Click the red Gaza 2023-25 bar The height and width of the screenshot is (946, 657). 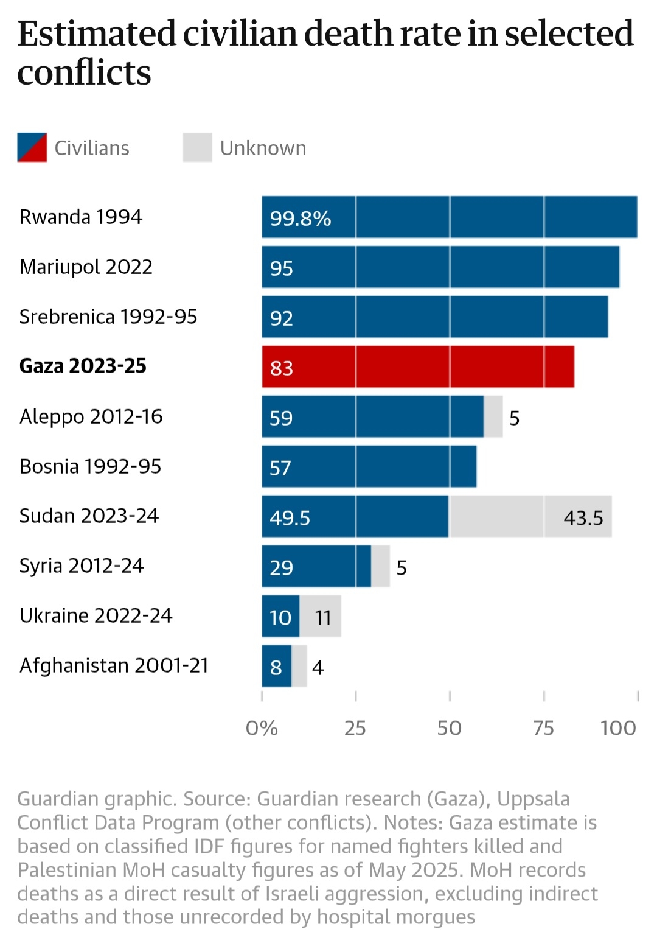(418, 366)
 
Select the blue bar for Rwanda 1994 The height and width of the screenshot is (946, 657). (450, 217)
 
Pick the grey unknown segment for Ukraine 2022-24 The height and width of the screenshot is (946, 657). (321, 616)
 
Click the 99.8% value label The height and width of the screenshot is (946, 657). (301, 218)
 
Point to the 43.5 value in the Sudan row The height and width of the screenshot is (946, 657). (583, 517)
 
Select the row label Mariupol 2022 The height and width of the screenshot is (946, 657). (86, 267)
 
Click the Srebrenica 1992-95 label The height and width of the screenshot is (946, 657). (108, 317)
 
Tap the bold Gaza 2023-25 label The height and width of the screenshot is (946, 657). (83, 366)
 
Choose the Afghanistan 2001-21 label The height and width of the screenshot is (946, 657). (114, 665)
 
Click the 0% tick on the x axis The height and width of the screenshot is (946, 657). (262, 727)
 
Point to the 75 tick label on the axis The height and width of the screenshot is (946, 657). (543, 727)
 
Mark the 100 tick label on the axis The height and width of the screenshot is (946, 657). (617, 727)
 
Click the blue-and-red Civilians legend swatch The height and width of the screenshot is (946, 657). (32, 147)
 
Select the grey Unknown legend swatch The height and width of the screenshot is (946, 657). (197, 147)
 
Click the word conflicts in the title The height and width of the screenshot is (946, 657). (84, 73)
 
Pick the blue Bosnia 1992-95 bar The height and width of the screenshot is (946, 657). (369, 466)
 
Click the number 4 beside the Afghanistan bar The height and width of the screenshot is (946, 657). (318, 667)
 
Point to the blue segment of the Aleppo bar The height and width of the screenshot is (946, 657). (372, 416)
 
